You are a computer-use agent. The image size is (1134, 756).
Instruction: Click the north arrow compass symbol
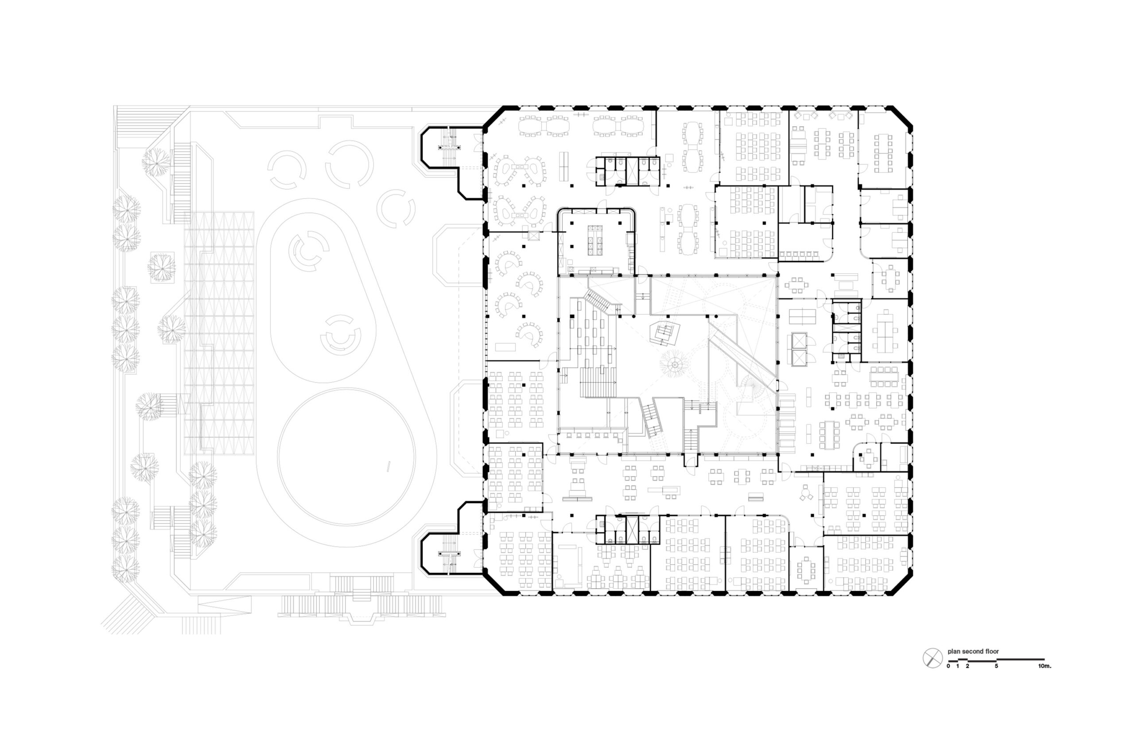click(x=932, y=658)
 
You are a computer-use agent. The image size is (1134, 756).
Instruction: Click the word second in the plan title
click(x=971, y=651)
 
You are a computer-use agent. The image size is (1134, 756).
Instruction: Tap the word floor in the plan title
click(x=992, y=651)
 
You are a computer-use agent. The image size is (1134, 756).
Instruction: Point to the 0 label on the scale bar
click(x=948, y=666)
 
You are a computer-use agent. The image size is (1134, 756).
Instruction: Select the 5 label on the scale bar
click(x=996, y=666)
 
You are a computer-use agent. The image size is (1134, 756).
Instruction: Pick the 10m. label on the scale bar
click(x=1045, y=666)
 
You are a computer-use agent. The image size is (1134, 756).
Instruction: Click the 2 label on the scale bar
click(x=967, y=666)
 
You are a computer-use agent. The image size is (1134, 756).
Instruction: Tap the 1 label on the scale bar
click(x=958, y=666)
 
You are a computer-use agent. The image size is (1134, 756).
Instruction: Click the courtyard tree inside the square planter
click(x=161, y=267)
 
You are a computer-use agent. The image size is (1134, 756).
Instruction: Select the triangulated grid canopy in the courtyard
click(x=219, y=332)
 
